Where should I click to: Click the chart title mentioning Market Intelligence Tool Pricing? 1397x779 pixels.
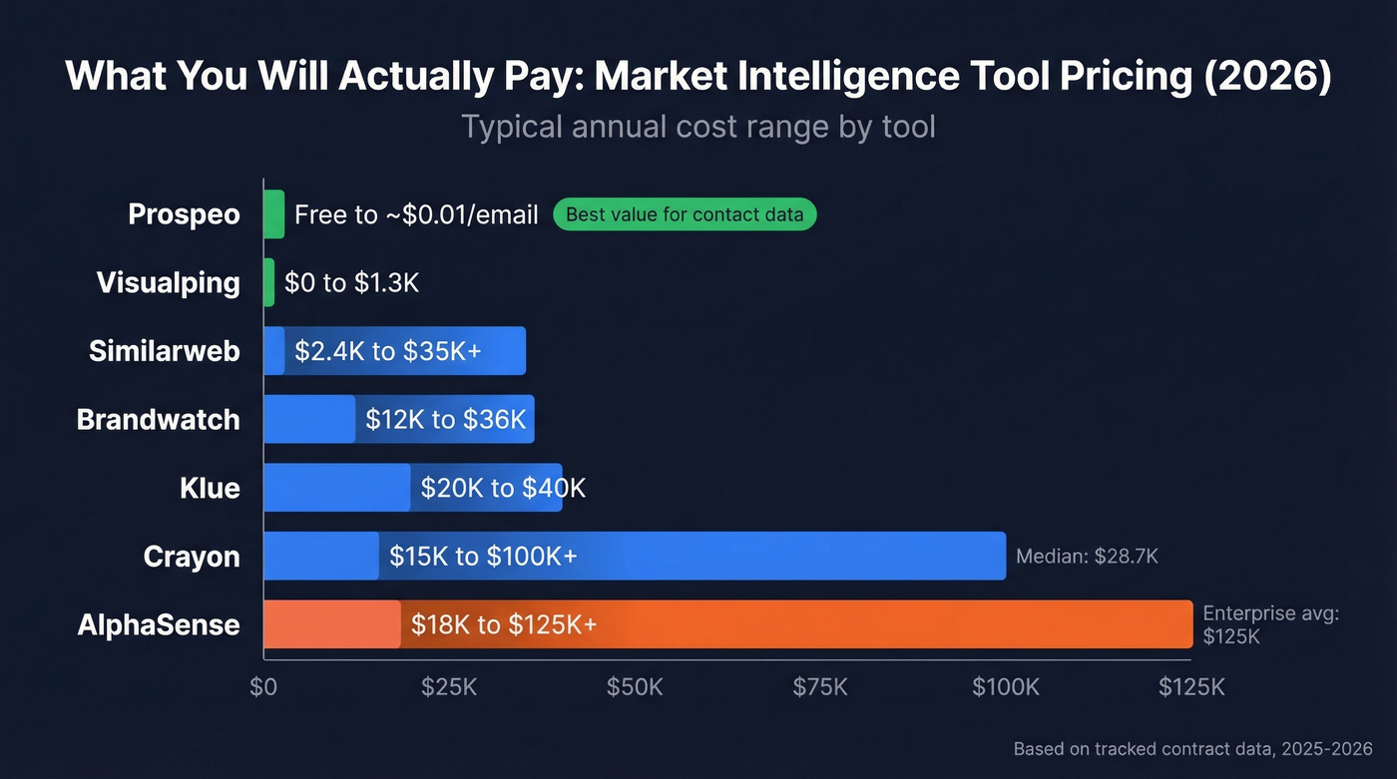[x=698, y=77]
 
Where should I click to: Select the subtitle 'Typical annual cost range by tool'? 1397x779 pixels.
[x=698, y=128]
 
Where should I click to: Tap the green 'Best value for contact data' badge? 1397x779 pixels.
[x=685, y=214]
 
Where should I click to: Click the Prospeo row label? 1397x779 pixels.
[x=185, y=214]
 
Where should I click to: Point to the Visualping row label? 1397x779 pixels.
[x=169, y=282]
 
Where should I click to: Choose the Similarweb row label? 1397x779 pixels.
[x=165, y=351]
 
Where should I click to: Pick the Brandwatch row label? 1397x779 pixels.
[x=159, y=419]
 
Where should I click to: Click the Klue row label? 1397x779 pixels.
[x=211, y=488]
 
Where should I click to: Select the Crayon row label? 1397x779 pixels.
[x=192, y=556]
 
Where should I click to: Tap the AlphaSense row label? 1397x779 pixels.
[x=159, y=624]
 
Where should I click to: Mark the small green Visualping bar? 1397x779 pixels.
[x=268, y=282]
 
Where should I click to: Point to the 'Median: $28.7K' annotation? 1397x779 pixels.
[x=1087, y=557]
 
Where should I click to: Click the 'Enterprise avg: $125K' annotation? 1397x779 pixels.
[x=1270, y=624]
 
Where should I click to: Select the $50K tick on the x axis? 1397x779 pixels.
[x=635, y=687]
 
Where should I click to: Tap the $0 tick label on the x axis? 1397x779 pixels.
[x=263, y=687]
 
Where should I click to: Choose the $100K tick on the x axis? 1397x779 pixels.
[x=1006, y=687]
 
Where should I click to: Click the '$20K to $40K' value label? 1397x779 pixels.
[x=503, y=488]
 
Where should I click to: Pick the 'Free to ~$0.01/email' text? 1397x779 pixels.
[x=416, y=214]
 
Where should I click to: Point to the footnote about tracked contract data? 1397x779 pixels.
[x=1192, y=748]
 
